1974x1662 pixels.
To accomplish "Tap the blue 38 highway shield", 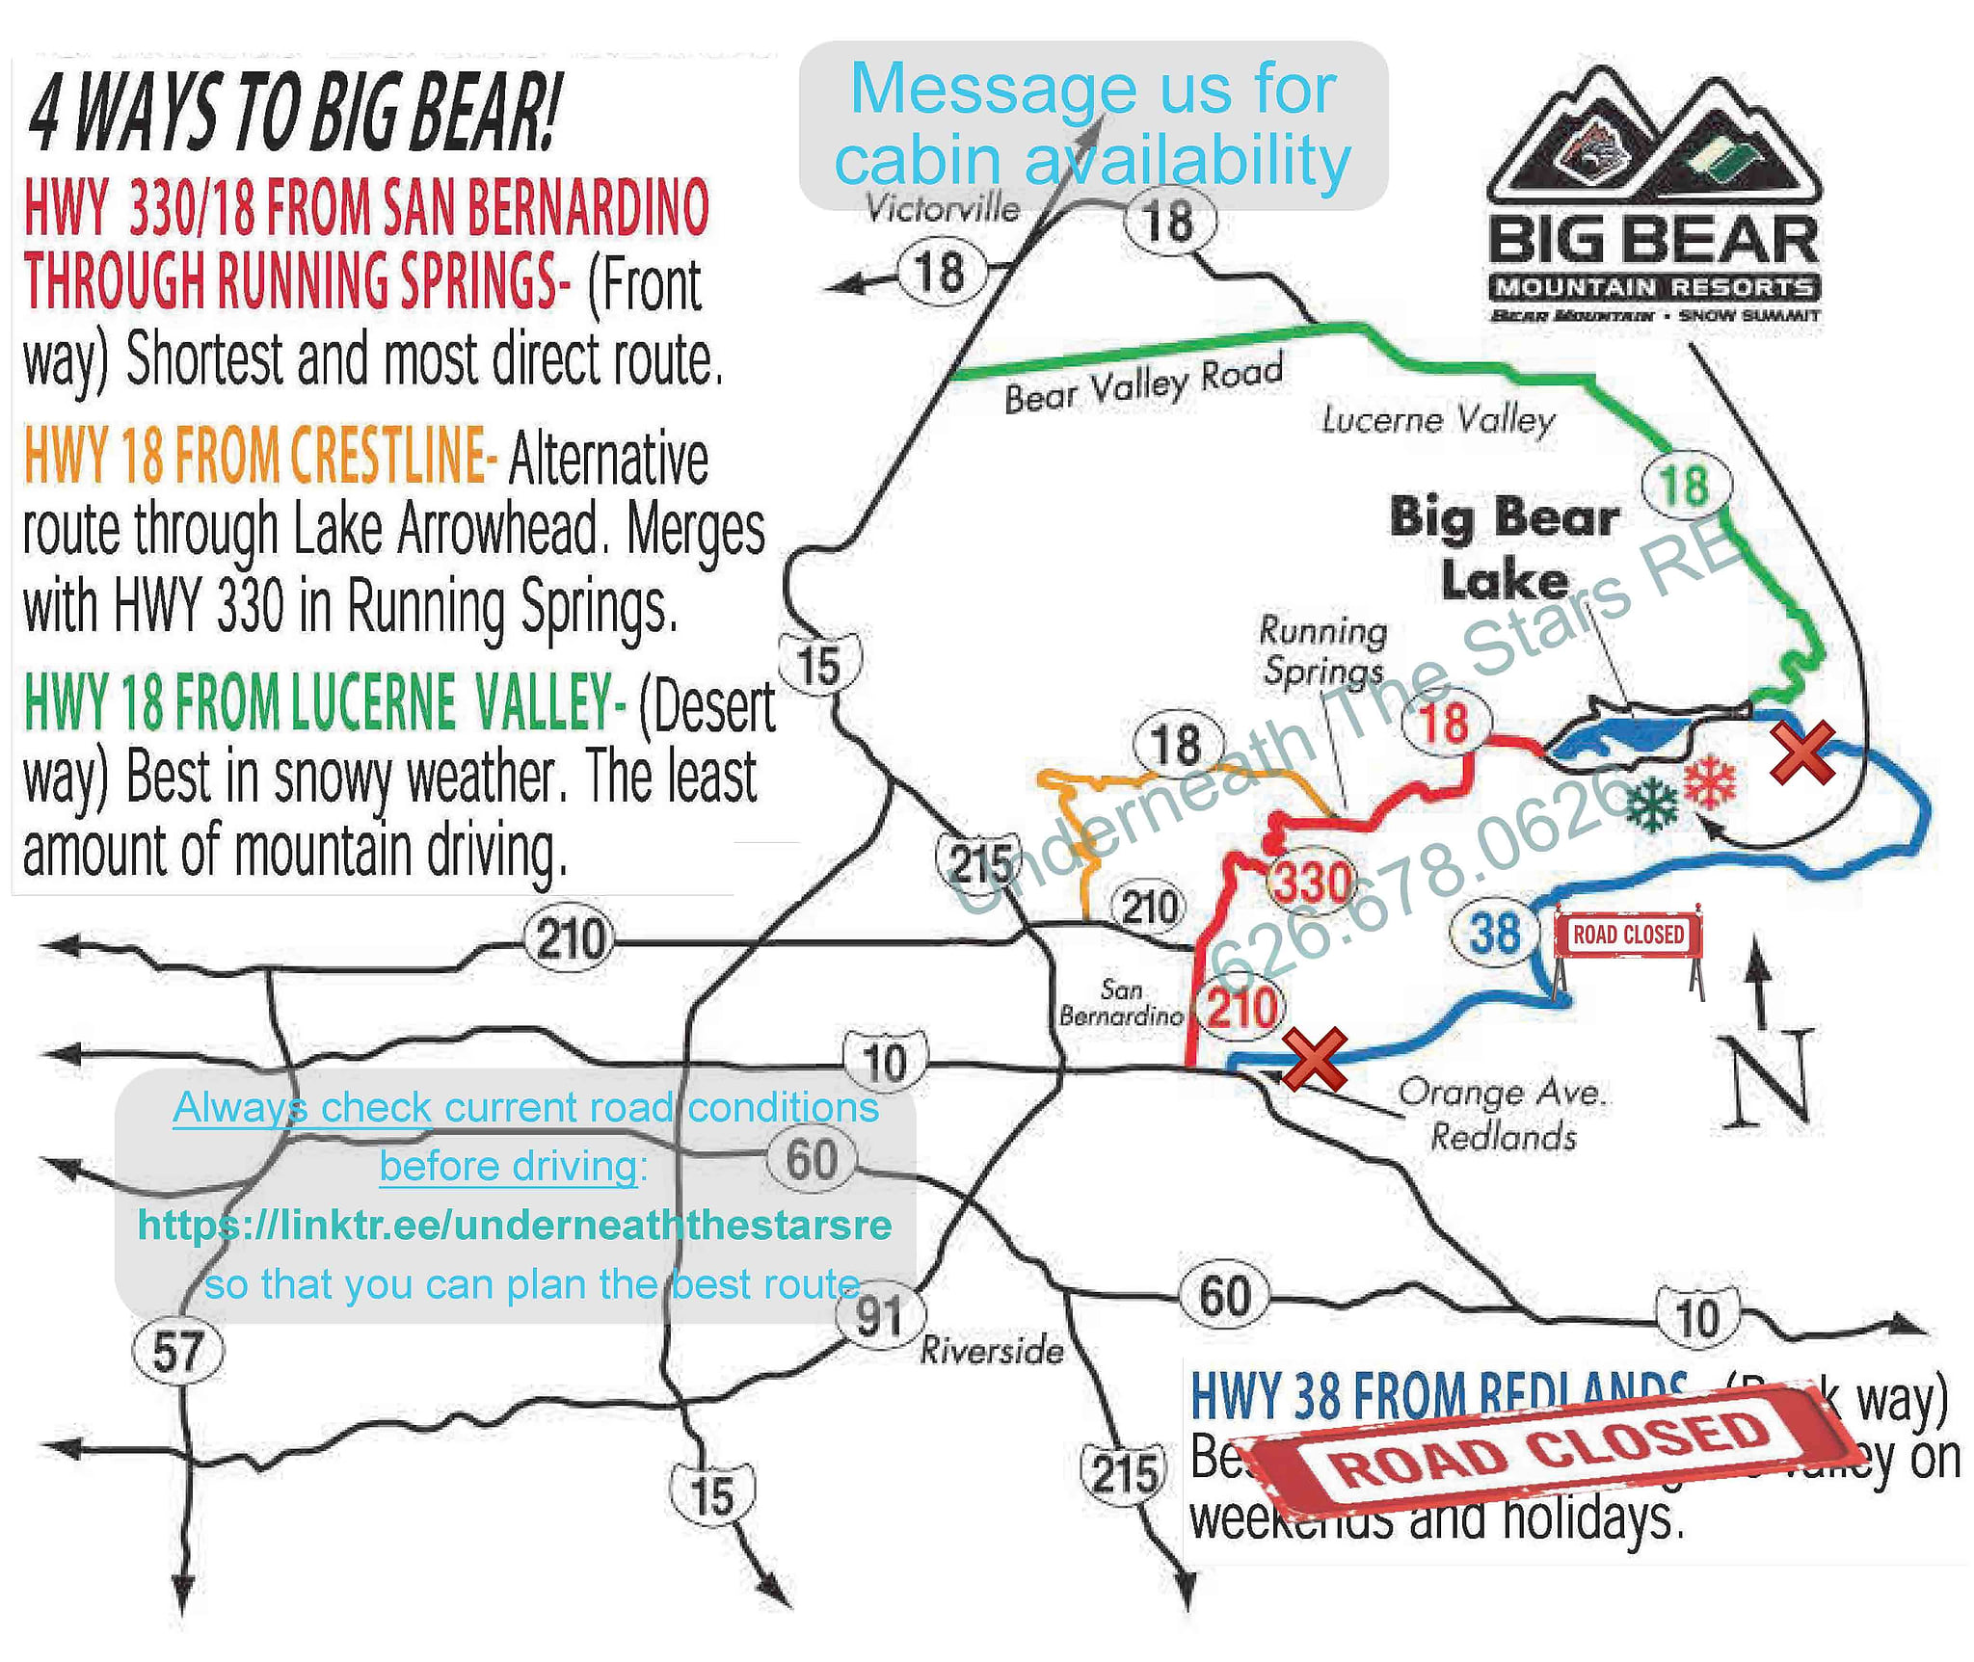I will pyautogui.click(x=1495, y=934).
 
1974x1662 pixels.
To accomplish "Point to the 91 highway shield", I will pyautogui.click(x=878, y=1315).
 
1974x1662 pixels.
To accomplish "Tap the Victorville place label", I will pyautogui.click(x=942, y=208).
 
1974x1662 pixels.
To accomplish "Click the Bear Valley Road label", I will pyautogui.click(x=1143, y=383).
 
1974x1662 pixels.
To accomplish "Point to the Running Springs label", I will pyautogui.click(x=1323, y=651).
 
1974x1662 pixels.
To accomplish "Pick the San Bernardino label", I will pyautogui.click(x=1121, y=1002).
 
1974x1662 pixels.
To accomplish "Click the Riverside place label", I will pyautogui.click(x=992, y=1351).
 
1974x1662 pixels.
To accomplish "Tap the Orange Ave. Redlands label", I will pyautogui.click(x=1502, y=1114).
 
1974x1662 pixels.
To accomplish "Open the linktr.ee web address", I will pyautogui.click(x=515, y=1225).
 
